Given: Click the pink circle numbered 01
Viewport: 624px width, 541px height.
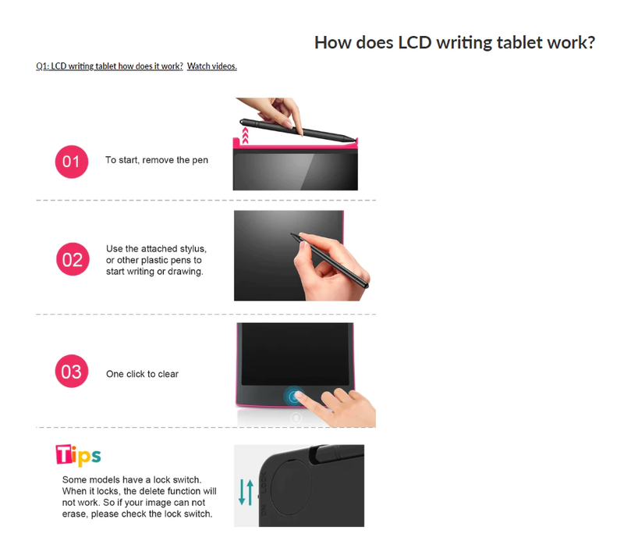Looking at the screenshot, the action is tap(72, 162).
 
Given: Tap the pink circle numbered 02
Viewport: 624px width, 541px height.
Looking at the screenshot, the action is tap(73, 259).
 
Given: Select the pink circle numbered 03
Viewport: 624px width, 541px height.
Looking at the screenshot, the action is tap(72, 372).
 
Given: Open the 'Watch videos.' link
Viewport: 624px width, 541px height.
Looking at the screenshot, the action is tap(211, 66).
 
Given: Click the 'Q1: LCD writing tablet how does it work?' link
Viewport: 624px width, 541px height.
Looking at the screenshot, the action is tap(109, 66).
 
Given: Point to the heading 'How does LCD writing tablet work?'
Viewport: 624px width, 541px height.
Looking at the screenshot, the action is tap(455, 43).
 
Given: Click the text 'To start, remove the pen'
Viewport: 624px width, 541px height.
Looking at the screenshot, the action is tap(157, 160).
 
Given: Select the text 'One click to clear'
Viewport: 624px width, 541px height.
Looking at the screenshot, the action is tap(142, 374).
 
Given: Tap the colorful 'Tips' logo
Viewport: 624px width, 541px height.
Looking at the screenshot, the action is tap(79, 455).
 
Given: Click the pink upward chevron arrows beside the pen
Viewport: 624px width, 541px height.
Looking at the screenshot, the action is tap(245, 136).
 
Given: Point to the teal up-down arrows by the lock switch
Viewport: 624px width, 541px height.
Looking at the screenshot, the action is tap(246, 493).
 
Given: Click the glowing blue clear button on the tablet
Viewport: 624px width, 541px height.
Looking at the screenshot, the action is tap(294, 397).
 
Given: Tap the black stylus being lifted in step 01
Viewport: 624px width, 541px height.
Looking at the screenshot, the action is tap(297, 130).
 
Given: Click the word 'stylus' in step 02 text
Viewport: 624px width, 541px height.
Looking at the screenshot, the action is tap(193, 249).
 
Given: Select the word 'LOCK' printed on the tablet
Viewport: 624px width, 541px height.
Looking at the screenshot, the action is tap(263, 482).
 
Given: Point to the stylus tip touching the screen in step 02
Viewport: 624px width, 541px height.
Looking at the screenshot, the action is tap(292, 234).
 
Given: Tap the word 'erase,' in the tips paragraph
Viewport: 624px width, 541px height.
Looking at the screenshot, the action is tap(75, 514).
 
